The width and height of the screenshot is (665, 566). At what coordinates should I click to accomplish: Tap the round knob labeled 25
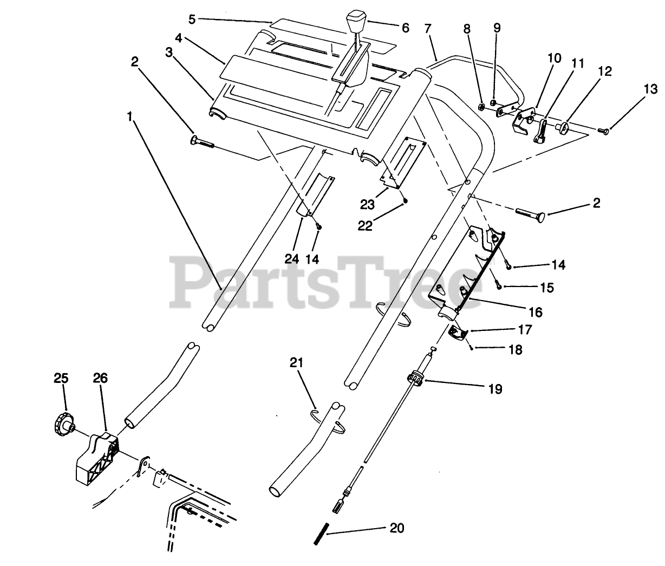click(62, 421)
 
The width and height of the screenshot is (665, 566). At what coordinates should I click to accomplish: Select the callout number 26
click(100, 379)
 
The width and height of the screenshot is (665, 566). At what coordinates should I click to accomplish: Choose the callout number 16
click(535, 312)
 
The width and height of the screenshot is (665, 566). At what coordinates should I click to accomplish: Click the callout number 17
click(525, 329)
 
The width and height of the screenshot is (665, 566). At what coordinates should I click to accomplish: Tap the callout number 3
click(169, 53)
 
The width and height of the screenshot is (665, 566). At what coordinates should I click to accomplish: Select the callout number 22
click(365, 225)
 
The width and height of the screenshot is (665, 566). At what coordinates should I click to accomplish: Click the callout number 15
click(547, 287)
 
